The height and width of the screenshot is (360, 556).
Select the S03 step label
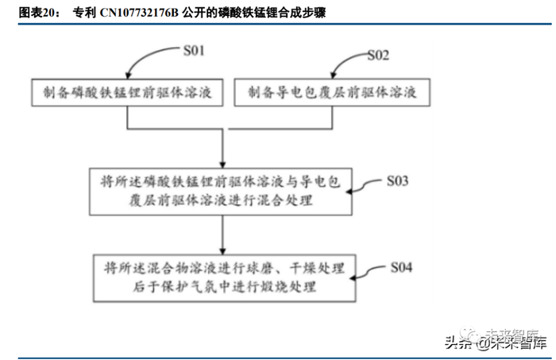pos(396,181)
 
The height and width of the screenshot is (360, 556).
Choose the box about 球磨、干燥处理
pos(222,275)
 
